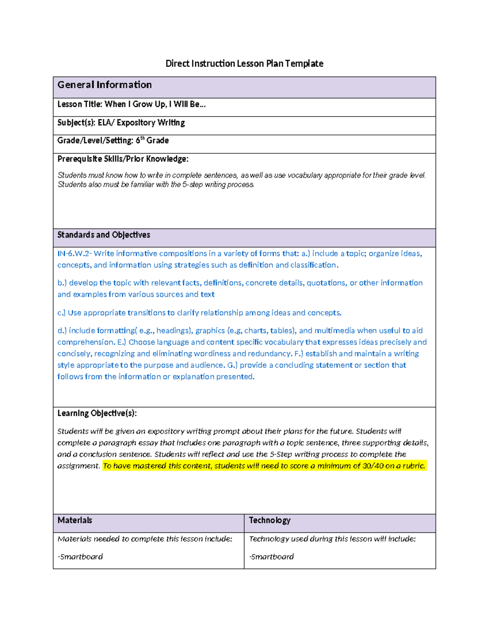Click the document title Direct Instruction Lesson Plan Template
[244, 64]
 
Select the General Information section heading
[104, 85]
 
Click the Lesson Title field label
[80, 104]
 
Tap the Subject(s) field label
[76, 123]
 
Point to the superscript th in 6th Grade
[142, 138]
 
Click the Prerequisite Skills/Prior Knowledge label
[123, 159]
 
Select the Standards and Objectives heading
[104, 235]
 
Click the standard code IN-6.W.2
[74, 254]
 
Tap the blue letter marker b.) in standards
[62, 283]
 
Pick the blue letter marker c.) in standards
[62, 313]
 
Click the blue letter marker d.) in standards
[62, 331]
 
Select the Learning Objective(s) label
[97, 413]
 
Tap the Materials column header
[75, 521]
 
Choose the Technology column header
[269, 521]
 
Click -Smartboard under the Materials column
[80, 557]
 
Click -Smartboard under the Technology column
[271, 557]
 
